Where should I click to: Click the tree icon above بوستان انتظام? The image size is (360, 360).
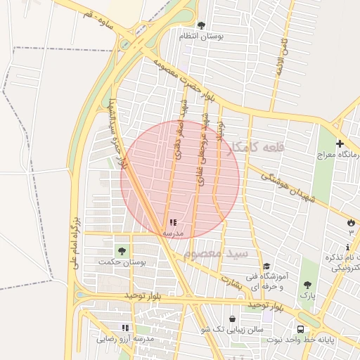tap(202, 25)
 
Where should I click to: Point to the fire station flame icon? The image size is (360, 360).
tap(350, 223)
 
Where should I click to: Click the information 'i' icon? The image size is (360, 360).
tap(347, 247)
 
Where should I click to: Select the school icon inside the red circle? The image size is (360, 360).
tap(173, 223)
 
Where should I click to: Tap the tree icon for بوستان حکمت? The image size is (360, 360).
tap(122, 251)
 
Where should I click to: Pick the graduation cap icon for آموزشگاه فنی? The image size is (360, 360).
tap(266, 266)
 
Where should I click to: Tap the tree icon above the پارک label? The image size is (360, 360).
tap(307, 285)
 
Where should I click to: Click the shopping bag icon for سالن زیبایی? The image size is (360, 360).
tap(232, 319)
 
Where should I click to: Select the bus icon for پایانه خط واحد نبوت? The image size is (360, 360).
tap(301, 329)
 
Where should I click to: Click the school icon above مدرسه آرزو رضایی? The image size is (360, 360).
tap(125, 328)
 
